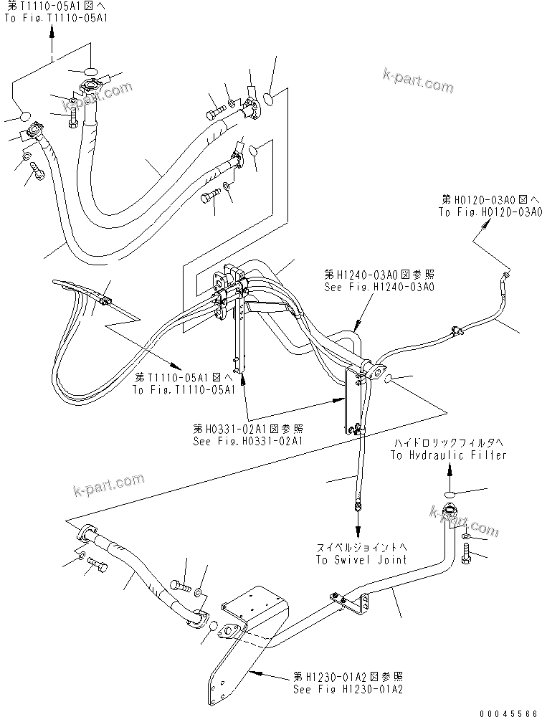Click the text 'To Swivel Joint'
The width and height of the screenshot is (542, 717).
tap(361, 559)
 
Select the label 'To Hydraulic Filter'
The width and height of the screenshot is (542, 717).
tap(448, 455)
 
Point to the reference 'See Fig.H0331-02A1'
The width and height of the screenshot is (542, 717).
tap(247, 441)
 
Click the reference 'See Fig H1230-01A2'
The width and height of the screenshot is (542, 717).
tap(347, 689)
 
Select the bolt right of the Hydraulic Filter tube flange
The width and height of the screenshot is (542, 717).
tap(467, 554)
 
